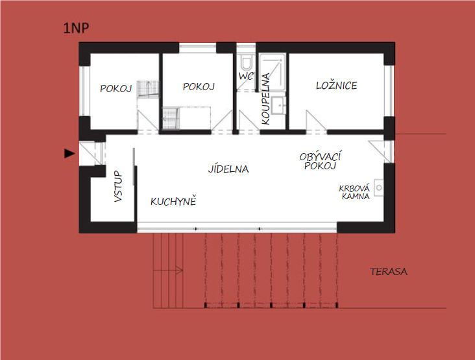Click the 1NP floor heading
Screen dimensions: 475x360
click(x=76, y=28)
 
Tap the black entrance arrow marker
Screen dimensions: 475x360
click(x=69, y=154)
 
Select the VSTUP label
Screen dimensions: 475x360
click(x=118, y=186)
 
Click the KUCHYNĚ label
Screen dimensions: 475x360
click(x=173, y=200)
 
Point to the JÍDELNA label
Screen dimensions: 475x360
click(x=228, y=169)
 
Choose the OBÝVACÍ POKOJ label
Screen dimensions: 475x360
click(x=320, y=161)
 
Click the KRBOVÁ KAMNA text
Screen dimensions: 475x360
click(x=354, y=192)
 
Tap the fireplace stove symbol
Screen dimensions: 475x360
click(x=379, y=187)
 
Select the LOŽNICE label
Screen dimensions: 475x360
click(x=337, y=86)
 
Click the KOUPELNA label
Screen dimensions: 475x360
click(x=265, y=99)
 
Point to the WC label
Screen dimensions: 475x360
click(x=246, y=76)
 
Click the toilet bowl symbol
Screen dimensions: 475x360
click(x=246, y=62)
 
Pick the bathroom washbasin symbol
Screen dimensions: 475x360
click(x=278, y=105)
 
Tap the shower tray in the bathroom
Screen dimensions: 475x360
click(x=272, y=72)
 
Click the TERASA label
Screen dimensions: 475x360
click(x=389, y=272)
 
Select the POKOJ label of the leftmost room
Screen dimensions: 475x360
click(x=116, y=88)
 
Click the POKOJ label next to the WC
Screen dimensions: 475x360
click(x=199, y=87)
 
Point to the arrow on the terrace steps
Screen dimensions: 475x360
click(x=168, y=270)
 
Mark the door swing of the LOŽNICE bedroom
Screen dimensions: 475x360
click(x=316, y=121)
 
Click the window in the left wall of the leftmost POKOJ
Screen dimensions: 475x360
click(x=84, y=91)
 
